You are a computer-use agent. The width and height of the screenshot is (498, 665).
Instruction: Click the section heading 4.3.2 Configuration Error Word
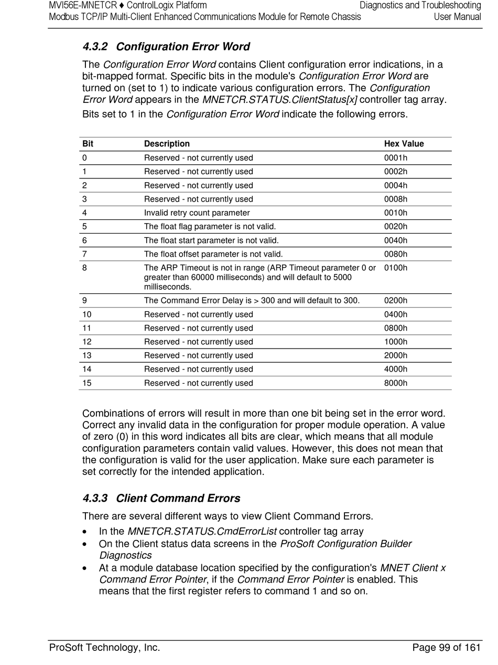tap(166, 47)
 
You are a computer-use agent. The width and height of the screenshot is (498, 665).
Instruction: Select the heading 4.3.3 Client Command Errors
tap(161, 498)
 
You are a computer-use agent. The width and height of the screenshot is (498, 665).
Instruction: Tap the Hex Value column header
tap(404, 144)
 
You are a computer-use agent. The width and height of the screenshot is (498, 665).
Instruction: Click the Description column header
tap(167, 144)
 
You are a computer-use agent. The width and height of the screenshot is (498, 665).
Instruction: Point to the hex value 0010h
tap(396, 213)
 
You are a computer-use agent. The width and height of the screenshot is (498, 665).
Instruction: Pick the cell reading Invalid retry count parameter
tap(197, 213)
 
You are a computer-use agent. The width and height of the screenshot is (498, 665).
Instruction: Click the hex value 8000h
tap(396, 383)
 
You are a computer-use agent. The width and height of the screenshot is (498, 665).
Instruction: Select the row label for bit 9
tap(85, 301)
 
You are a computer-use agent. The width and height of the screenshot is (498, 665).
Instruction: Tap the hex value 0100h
tap(396, 268)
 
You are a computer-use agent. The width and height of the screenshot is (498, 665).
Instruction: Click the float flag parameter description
tap(210, 227)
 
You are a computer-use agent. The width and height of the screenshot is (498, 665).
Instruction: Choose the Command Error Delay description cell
tap(252, 301)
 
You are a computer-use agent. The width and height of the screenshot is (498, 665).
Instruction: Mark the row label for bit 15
tap(87, 383)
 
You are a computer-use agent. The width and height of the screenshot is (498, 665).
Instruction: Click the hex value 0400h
tap(396, 314)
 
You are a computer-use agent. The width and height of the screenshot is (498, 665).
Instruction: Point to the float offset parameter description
tap(213, 254)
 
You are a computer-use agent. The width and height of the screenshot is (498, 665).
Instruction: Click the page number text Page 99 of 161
tap(446, 648)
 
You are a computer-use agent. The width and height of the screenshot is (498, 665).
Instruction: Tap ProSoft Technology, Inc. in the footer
tap(104, 648)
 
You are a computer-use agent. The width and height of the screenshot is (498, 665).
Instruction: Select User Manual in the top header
tap(457, 17)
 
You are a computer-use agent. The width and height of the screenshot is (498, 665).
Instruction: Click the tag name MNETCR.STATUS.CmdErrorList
tap(202, 531)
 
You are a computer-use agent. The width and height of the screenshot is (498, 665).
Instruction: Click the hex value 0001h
tap(396, 158)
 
